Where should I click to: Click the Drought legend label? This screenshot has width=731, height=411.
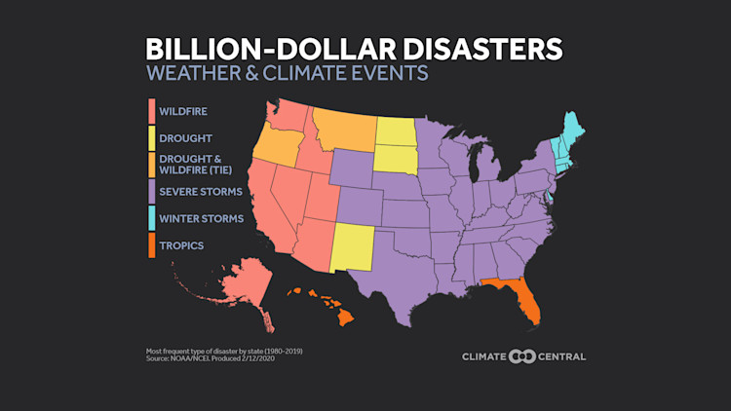click(x=186, y=138)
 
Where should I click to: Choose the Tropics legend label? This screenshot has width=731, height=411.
click(x=182, y=245)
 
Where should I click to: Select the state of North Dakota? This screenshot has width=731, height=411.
click(x=394, y=131)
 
